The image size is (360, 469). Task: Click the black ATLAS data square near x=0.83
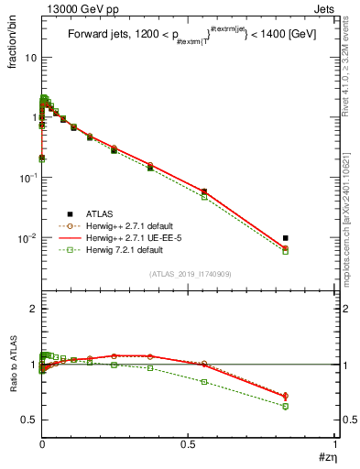286,238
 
